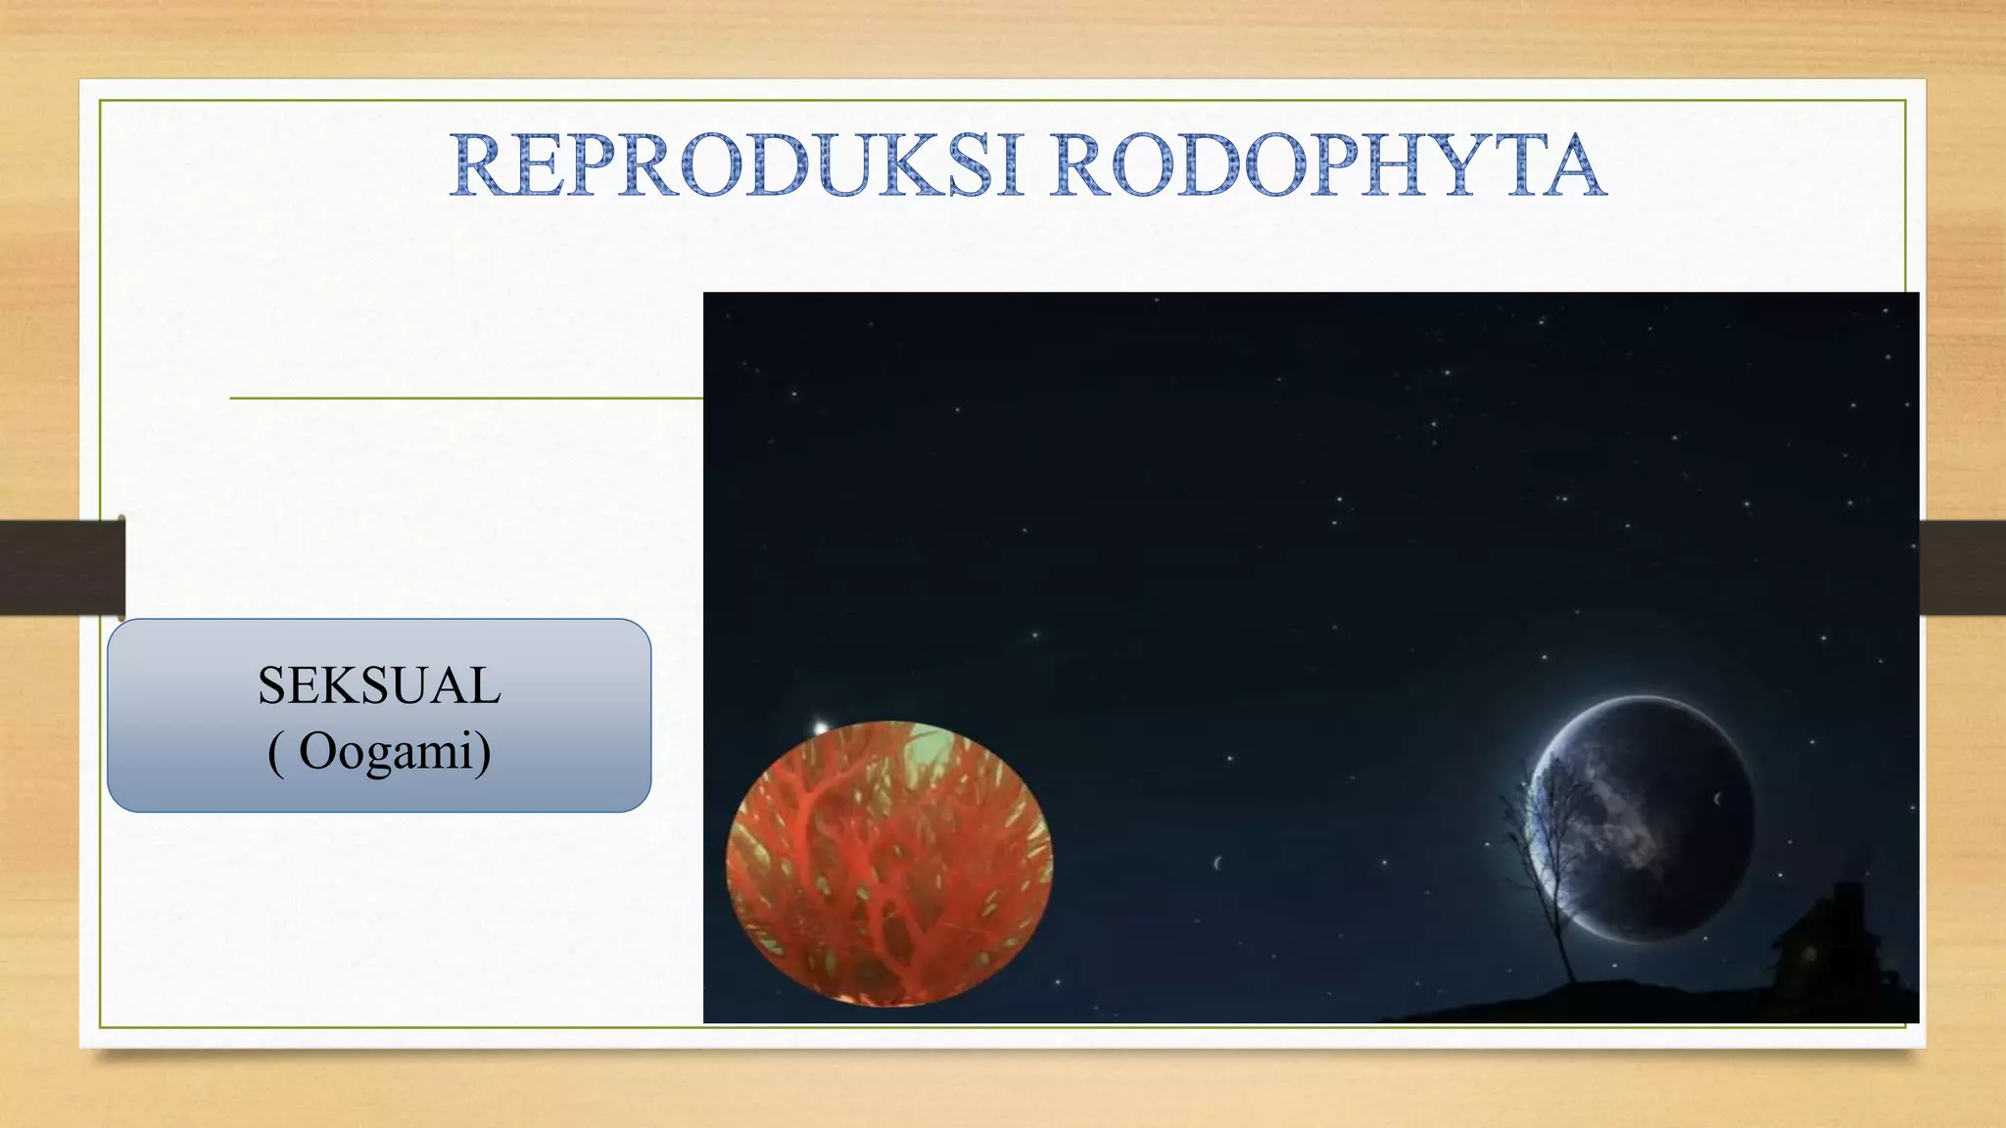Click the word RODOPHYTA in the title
point(1327,166)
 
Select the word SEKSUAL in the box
point(379,685)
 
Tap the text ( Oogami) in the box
point(379,752)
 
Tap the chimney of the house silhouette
point(1847,896)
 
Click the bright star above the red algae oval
point(820,728)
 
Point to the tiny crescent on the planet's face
point(1717,799)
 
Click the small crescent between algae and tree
point(1218,864)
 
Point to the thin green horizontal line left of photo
point(465,399)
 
